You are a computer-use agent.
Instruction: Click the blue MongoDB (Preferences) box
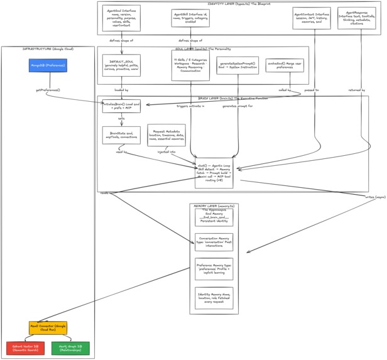click(x=48, y=65)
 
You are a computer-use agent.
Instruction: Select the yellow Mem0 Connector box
click(x=48, y=327)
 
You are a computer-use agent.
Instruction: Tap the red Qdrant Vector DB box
click(x=25, y=348)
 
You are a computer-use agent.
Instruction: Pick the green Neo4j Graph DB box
click(x=70, y=348)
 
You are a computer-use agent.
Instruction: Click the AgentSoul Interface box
click(x=121, y=18)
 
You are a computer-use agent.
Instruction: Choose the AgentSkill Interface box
click(x=190, y=18)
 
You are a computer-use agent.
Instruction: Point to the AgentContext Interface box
click(x=312, y=18)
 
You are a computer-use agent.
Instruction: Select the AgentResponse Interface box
click(x=357, y=18)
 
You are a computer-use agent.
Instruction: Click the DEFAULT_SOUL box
click(x=121, y=65)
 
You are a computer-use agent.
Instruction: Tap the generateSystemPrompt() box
click(x=237, y=65)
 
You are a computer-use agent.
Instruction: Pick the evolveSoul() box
click(x=285, y=65)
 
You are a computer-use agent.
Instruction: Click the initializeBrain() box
click(x=121, y=106)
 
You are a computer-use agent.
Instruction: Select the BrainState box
click(x=121, y=135)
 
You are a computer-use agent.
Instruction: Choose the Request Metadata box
click(x=166, y=135)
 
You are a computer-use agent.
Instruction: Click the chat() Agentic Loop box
click(x=214, y=172)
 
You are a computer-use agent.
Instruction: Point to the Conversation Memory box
click(x=214, y=242)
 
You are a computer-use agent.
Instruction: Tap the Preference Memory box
click(x=214, y=269)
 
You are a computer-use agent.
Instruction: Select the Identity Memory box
click(x=214, y=298)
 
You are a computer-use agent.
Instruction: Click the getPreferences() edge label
click(x=48, y=90)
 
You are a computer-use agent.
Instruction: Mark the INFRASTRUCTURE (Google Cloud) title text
click(x=48, y=48)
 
